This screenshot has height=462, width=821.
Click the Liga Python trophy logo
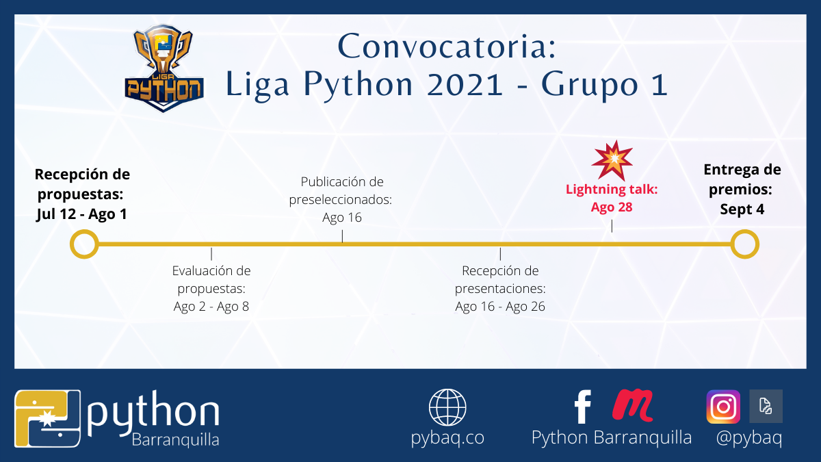click(164, 68)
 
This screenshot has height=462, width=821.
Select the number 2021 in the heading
click(465, 84)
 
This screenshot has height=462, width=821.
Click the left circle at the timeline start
click(84, 244)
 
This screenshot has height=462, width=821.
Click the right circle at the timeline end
click(745, 244)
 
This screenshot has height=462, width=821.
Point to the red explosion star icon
click(612, 161)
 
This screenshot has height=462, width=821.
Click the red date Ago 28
click(612, 207)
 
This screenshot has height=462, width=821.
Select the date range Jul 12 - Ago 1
click(81, 214)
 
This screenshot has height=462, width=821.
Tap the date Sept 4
click(742, 209)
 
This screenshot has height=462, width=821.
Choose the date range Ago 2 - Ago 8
click(211, 306)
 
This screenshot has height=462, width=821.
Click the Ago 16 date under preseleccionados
click(342, 218)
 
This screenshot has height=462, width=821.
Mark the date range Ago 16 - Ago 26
click(500, 306)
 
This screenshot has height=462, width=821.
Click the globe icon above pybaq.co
click(447, 407)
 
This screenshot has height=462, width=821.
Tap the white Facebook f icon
click(583, 407)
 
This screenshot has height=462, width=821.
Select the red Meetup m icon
click(633, 405)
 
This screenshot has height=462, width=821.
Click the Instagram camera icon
click(723, 407)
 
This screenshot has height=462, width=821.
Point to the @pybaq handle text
click(749, 438)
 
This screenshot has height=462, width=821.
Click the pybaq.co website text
click(447, 438)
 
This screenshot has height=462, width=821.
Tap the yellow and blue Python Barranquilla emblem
click(47, 418)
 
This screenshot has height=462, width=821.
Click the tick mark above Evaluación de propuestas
click(211, 254)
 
